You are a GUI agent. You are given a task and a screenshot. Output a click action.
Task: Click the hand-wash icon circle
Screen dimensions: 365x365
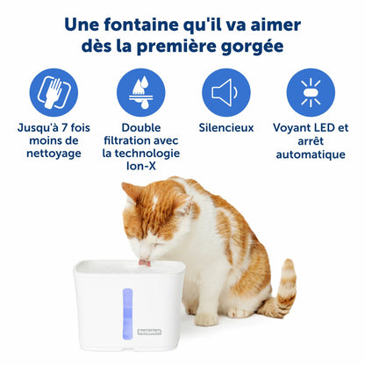(54, 92)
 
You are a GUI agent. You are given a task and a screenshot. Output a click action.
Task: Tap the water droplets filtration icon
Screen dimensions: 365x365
(141, 92)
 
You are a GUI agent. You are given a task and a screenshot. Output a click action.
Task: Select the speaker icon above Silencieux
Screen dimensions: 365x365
(226, 92)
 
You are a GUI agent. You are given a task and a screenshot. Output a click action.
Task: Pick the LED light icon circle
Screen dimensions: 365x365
(311, 92)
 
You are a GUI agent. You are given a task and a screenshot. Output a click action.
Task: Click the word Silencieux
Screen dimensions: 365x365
(226, 128)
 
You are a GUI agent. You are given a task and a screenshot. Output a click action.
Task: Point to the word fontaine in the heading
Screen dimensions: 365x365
(141, 25)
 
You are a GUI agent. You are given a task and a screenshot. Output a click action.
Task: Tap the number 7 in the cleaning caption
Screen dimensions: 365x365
(64, 128)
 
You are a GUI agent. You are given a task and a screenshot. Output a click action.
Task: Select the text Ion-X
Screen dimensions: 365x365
(141, 166)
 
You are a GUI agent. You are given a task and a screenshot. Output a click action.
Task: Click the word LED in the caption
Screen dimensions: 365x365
(324, 128)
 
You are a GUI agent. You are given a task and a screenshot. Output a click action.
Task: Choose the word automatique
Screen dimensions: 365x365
(311, 154)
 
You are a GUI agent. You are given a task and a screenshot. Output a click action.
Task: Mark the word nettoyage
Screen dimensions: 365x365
(54, 154)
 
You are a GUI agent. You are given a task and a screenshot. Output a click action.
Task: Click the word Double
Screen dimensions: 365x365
(141, 128)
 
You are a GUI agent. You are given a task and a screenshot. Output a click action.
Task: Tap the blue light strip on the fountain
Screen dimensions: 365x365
(127, 314)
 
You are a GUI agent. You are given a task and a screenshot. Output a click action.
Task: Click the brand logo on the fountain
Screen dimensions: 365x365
(149, 332)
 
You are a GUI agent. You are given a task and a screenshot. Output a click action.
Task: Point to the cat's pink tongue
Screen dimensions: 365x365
(145, 262)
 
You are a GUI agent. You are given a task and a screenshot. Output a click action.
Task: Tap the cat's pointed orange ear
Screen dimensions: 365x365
(129, 191)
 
